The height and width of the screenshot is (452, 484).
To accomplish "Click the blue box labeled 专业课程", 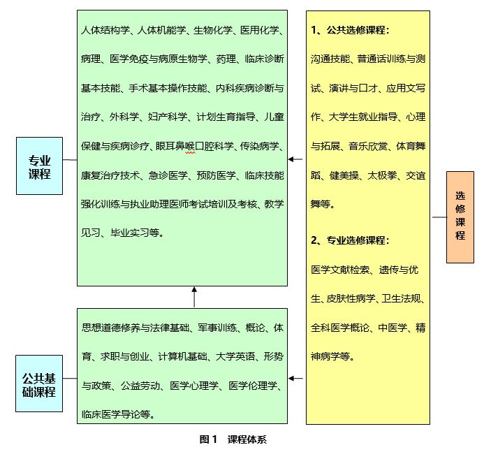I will pos(39,166).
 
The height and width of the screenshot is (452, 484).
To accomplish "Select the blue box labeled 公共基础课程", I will pos(38,385).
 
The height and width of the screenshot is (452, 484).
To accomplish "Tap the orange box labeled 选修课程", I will pos(460,217).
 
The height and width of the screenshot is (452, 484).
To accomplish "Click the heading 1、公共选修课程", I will pos(350,31).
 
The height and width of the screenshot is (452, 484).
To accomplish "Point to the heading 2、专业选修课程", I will pos(350,240).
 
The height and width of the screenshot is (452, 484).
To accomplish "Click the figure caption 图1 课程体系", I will pos(233,439).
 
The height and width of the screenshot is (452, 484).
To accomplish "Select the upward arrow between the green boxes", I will pos(194,296).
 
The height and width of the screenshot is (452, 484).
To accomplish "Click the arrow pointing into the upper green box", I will pos(295,159).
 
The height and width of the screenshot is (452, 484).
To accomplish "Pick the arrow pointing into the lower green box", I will pos(295,379).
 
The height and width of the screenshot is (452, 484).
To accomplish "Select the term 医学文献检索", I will pos(339,269).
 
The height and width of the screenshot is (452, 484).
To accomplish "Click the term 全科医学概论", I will pos(339,328).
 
